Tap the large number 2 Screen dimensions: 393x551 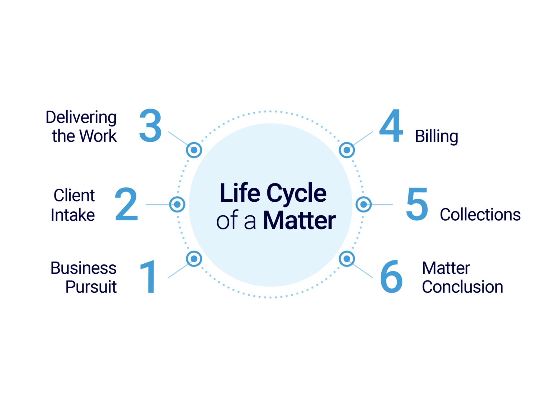point(126,204)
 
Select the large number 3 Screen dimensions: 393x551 point(150,126)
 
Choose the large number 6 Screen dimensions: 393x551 point(391,277)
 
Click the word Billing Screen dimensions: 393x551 point(437,136)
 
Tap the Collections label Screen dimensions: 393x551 point(480,215)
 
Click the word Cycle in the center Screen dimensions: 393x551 point(296,193)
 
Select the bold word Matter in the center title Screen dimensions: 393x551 point(300,221)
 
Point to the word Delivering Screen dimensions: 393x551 point(81,118)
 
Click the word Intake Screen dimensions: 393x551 point(73,215)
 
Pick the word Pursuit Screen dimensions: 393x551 point(91,287)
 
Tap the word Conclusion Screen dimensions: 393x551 point(462,287)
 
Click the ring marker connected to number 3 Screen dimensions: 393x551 point(194,150)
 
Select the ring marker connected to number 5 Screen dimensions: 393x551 point(364,205)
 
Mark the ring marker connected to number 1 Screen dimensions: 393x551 point(194,258)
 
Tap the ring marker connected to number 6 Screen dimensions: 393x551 point(347,258)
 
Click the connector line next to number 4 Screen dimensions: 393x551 point(363,139)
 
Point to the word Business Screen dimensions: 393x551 point(84,268)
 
